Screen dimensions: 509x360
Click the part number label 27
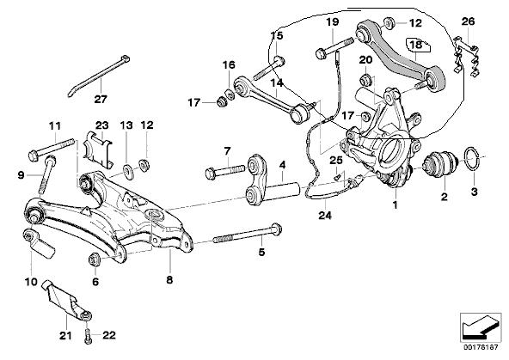point(101,99)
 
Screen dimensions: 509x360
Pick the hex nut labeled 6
point(95,259)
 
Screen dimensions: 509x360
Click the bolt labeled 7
point(224,172)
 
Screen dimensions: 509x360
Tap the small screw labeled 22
point(88,338)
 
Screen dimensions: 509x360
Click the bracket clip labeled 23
point(97,149)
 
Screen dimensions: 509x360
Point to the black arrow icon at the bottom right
point(480,328)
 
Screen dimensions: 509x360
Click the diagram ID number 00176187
point(481,347)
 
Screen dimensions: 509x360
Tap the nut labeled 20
point(366,79)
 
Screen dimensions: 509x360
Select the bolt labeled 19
point(334,49)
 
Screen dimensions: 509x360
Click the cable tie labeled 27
point(98,76)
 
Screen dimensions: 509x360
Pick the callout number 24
point(325,216)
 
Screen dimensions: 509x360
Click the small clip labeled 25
point(337,176)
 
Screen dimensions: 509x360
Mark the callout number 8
point(169,279)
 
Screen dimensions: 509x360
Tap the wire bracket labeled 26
point(465,56)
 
